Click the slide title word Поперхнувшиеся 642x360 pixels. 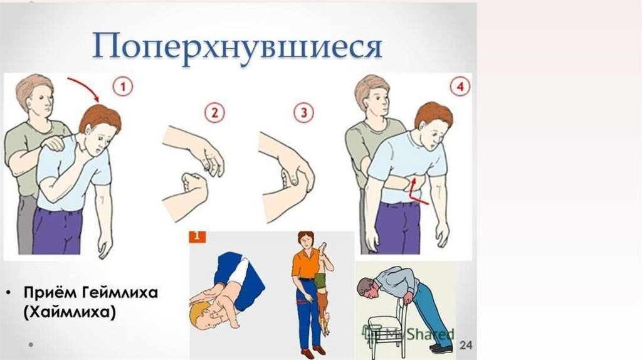(x=238, y=46)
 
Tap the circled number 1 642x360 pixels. (x=123, y=87)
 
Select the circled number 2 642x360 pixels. (x=215, y=113)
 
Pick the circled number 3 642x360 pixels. (x=304, y=113)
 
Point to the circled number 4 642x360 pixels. (x=460, y=87)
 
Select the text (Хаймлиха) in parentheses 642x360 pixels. (x=70, y=312)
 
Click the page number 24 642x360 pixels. (x=466, y=345)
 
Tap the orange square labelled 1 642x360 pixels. (x=197, y=236)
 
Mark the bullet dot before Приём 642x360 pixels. (x=9, y=294)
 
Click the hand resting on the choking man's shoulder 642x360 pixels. (x=54, y=142)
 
